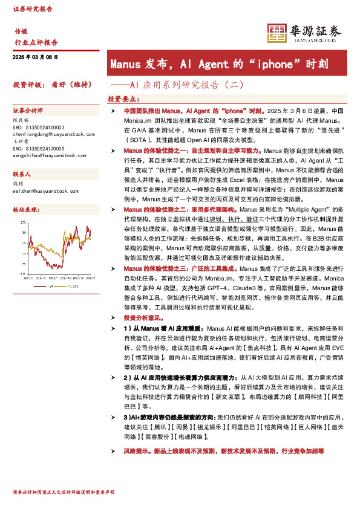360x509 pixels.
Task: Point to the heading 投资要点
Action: coord(123,99)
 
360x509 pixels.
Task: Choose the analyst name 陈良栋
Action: coord(21,120)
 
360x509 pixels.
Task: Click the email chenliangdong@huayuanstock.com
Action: coord(45,136)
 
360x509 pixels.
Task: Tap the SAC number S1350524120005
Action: coord(39,148)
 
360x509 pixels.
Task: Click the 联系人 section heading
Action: coord(22,173)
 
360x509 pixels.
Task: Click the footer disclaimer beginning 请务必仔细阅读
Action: coord(63,493)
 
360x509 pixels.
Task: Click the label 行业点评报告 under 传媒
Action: coord(36,42)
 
